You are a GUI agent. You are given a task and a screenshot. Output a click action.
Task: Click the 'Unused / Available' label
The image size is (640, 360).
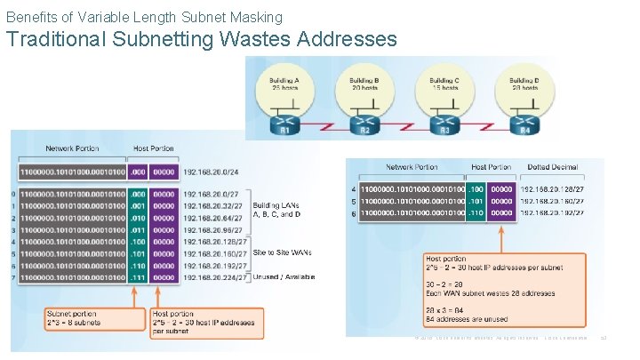point(284,276)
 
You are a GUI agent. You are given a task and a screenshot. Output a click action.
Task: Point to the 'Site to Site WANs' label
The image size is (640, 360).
point(283,252)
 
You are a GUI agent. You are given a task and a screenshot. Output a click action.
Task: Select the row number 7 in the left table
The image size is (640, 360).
point(13,276)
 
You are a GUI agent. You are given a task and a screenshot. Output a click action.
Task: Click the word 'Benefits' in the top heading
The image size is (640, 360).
point(30,17)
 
